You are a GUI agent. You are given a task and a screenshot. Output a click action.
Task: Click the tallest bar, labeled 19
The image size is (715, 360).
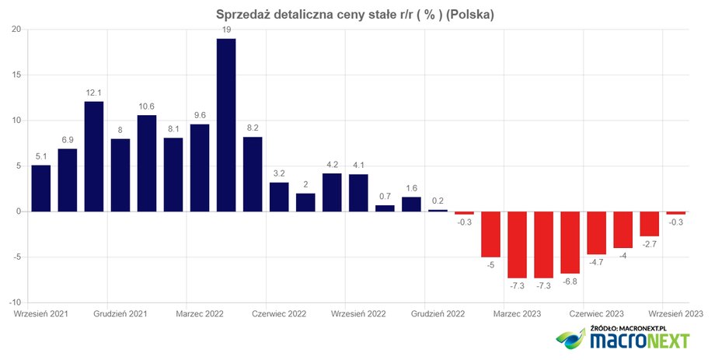pyautogui.click(x=226, y=125)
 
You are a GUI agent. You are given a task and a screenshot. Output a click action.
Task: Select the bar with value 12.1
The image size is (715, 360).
pyautogui.click(x=94, y=156)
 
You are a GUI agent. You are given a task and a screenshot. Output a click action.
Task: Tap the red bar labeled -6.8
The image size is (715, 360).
pyautogui.click(x=570, y=243)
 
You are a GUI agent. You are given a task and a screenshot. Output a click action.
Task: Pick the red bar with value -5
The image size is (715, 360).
pyautogui.click(x=490, y=235)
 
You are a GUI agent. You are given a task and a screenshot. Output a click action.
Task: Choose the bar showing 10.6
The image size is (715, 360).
pyautogui.click(x=147, y=163)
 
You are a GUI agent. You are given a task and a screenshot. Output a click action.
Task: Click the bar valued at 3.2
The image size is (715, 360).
pyautogui.click(x=279, y=197)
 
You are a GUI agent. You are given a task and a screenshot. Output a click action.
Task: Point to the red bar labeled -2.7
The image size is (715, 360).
pyautogui.click(x=650, y=224)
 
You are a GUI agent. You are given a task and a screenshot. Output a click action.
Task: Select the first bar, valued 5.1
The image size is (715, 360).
pyautogui.click(x=41, y=188)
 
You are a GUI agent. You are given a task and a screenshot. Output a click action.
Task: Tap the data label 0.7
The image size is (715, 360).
pyautogui.click(x=385, y=196)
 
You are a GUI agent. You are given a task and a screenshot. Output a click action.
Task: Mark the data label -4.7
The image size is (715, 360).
pyautogui.click(x=595, y=262)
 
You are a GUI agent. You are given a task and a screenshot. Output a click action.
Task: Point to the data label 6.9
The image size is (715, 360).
pyautogui.click(x=68, y=140)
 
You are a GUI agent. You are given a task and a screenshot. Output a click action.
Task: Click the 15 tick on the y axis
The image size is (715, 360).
pyautogui.click(x=16, y=75)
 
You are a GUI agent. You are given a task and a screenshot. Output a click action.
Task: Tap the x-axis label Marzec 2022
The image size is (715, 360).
pyautogui.click(x=200, y=314)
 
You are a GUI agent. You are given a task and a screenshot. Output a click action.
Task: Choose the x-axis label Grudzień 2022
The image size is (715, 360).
pyautogui.click(x=438, y=314)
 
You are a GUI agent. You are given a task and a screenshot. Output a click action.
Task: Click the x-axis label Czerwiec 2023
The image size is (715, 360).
pyautogui.click(x=596, y=314)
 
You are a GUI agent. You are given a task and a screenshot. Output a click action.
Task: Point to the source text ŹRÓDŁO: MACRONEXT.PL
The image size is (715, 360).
pyautogui.click(x=629, y=328)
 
